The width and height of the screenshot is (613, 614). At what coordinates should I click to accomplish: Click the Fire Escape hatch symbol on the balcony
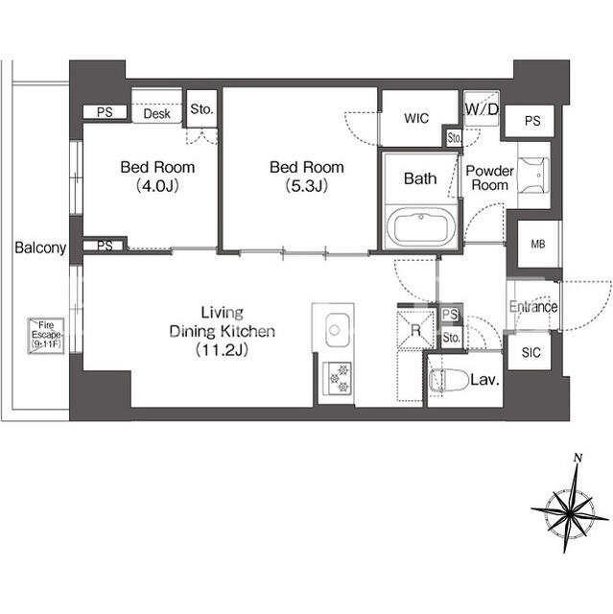[x=46, y=336]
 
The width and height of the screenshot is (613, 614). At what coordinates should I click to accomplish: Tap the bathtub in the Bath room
[x=421, y=228]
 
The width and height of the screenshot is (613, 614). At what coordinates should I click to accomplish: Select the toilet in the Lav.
[x=448, y=380]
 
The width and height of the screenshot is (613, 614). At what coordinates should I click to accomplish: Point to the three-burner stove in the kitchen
[x=337, y=379]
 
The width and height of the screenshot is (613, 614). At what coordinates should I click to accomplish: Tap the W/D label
[x=482, y=108]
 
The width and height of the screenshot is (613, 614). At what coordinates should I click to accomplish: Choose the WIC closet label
[x=416, y=118]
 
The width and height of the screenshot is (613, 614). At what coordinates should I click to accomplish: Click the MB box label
[x=538, y=244]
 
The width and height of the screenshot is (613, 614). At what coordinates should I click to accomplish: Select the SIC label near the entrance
[x=530, y=352]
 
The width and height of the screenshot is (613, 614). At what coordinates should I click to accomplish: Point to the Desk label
[x=157, y=113]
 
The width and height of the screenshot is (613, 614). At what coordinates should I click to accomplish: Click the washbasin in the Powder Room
[x=533, y=175]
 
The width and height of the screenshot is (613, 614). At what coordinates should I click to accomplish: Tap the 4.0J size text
[x=157, y=185]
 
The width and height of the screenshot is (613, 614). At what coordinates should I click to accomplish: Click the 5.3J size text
[x=307, y=185]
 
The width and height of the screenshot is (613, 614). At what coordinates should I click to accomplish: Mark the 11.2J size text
[x=222, y=349]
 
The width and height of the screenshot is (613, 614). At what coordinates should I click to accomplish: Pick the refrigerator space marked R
[x=415, y=330]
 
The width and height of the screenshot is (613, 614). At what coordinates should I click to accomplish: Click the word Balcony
[x=40, y=248]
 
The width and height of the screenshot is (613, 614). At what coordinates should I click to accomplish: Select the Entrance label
[x=533, y=306]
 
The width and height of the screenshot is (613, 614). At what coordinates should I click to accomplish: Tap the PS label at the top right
[x=532, y=121]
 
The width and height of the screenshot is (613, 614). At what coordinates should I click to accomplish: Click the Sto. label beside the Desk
[x=201, y=108]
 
